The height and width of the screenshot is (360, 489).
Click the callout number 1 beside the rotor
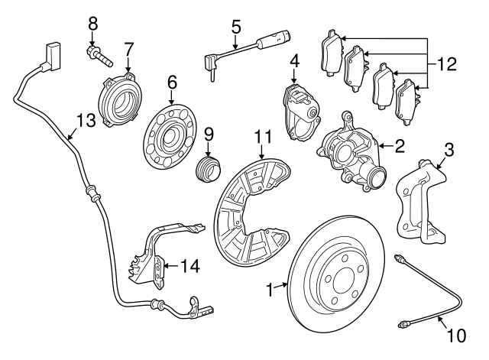click(268, 289)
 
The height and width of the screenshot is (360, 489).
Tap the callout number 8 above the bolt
click(94, 23)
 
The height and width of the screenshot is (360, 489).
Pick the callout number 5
click(236, 28)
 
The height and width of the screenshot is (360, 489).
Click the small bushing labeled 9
click(206, 170)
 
